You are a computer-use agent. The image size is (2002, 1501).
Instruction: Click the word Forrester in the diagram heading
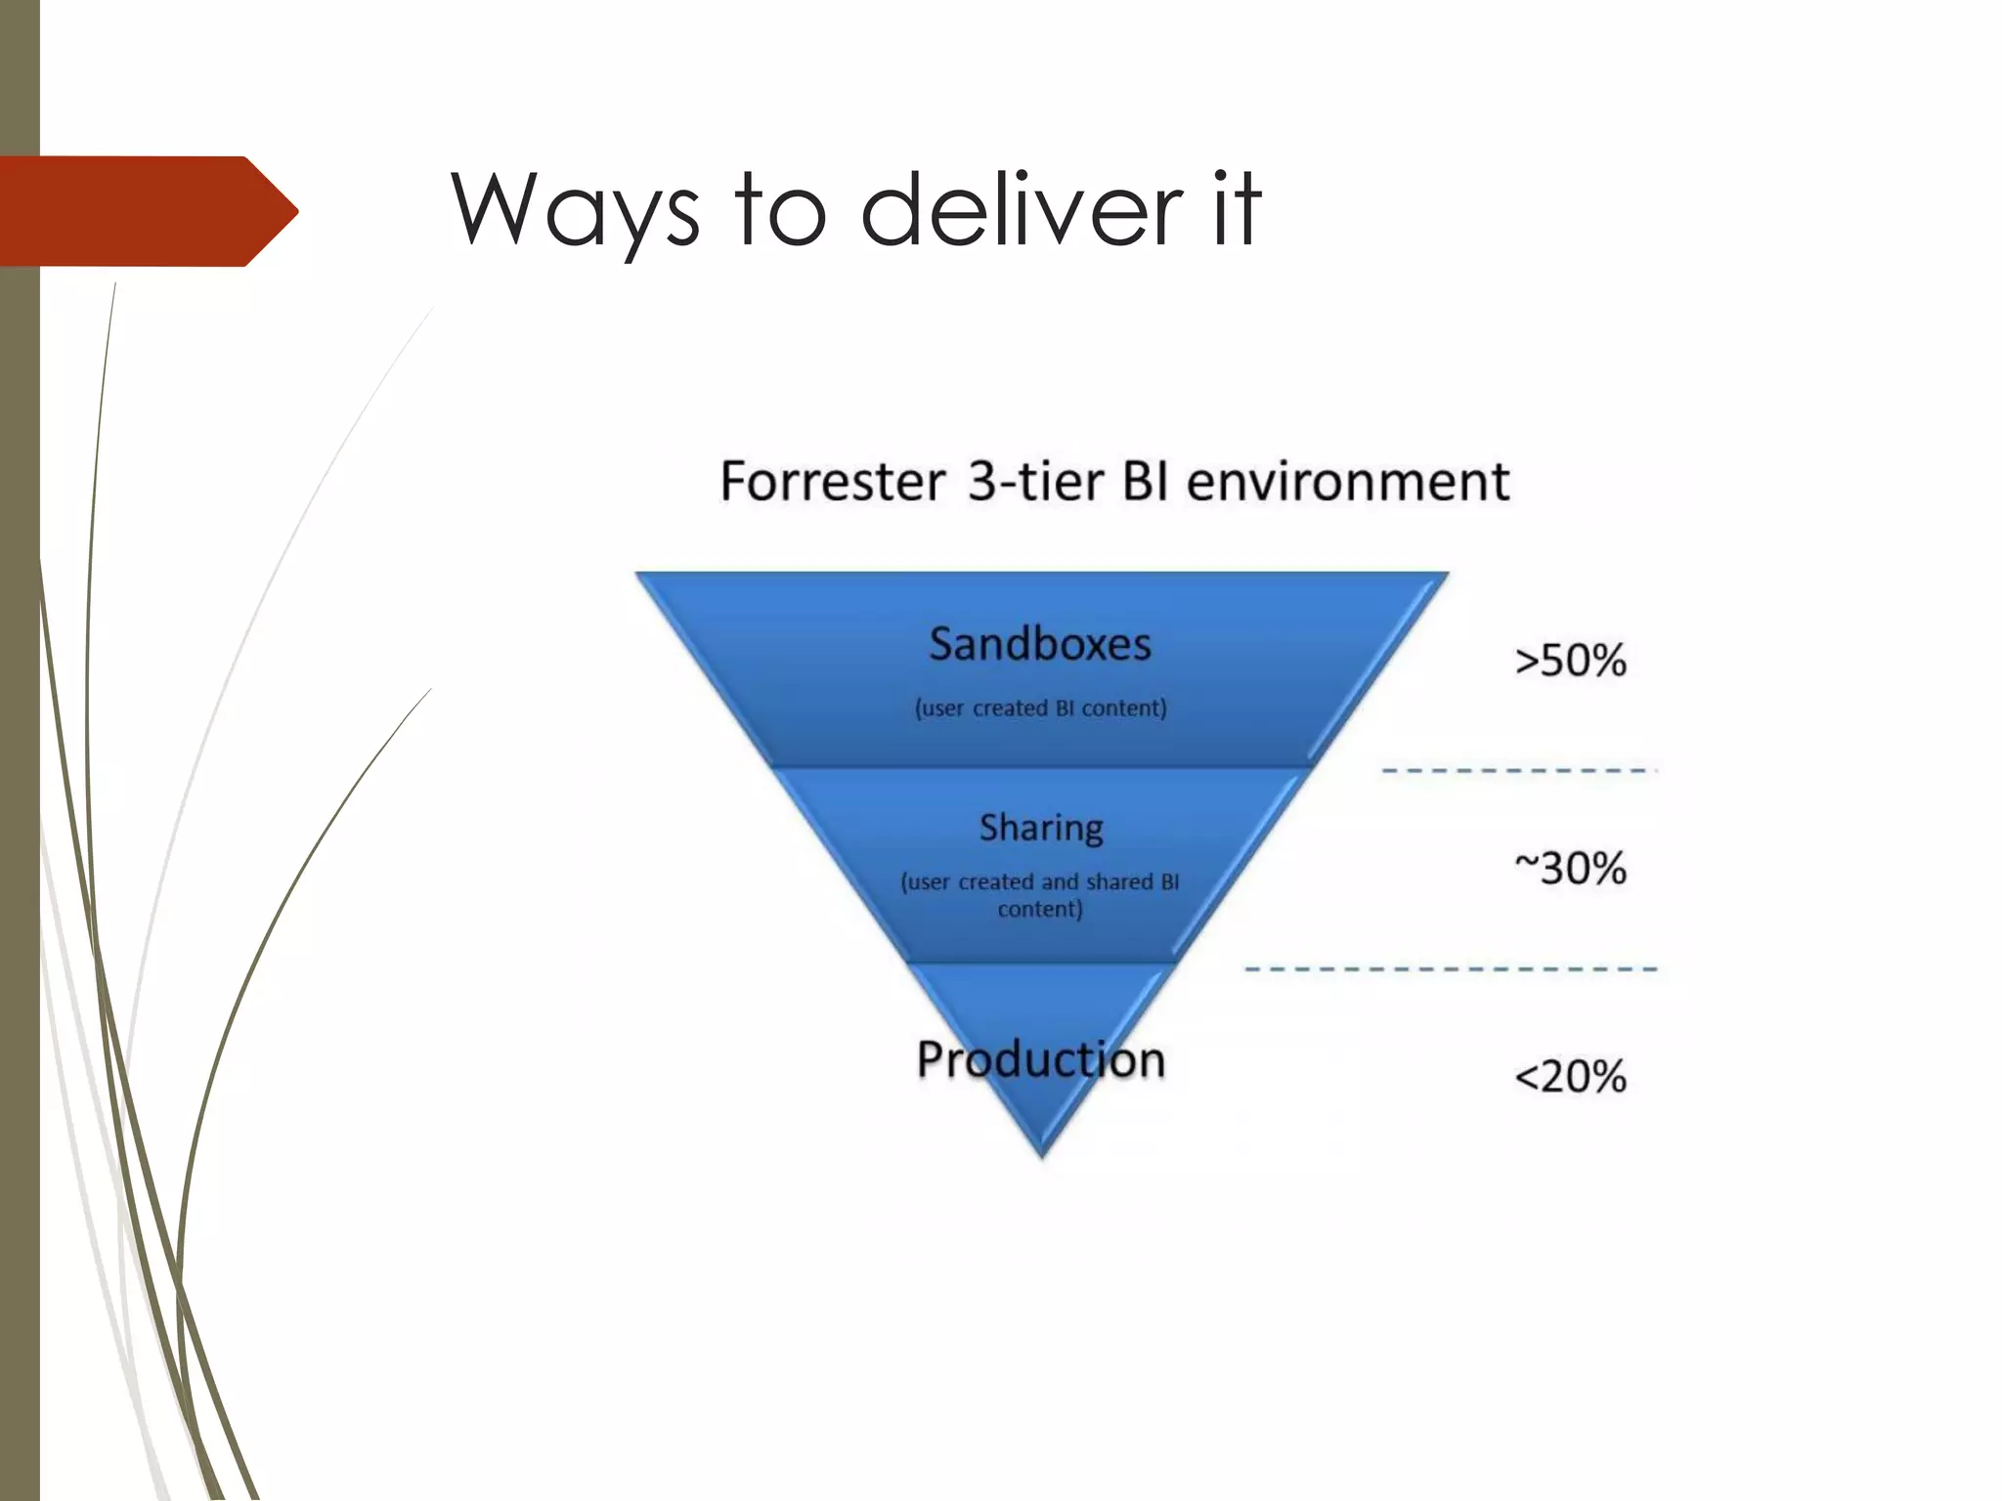coord(832,482)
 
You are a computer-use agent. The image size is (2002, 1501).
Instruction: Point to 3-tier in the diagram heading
coord(1036,482)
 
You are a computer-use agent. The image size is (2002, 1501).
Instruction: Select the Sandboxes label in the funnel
coord(1040,644)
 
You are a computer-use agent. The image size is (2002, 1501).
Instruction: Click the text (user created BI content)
coord(1040,708)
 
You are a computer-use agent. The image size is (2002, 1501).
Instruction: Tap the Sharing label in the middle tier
coord(1041,828)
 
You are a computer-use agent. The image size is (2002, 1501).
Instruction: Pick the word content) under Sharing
coord(1040,910)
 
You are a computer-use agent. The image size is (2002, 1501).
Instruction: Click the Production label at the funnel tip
coord(1040,1059)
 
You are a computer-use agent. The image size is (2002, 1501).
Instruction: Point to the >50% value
coord(1570,661)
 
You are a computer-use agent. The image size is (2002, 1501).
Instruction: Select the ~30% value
coord(1570,868)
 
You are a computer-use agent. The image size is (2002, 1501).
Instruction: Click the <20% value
coord(1570,1077)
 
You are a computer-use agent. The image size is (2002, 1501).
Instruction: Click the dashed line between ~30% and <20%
coord(1451,969)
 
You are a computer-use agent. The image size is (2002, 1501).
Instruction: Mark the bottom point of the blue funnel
coord(1042,1153)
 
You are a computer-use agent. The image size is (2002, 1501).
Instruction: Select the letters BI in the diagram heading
coord(1147,482)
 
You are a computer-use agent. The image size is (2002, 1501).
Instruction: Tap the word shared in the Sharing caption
coord(1119,881)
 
